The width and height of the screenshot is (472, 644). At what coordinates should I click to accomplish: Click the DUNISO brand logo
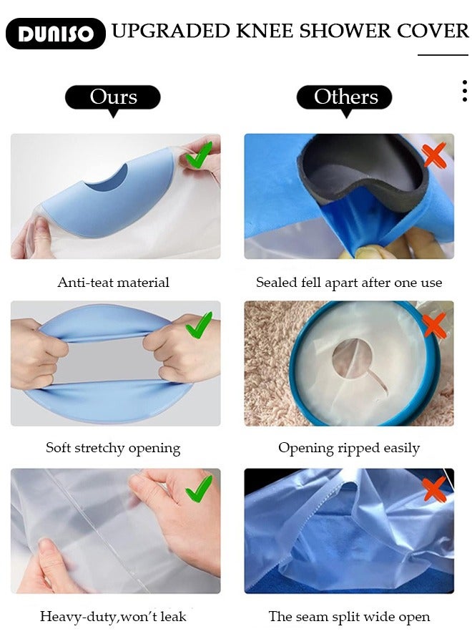pyautogui.click(x=56, y=34)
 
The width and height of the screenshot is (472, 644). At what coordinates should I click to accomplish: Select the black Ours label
pyautogui.click(x=113, y=97)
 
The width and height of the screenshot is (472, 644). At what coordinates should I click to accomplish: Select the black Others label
pyautogui.click(x=345, y=97)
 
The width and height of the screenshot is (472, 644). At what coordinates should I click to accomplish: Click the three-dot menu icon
pyautogui.click(x=464, y=91)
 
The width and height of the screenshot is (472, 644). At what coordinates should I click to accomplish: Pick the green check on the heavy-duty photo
pyautogui.click(x=199, y=489)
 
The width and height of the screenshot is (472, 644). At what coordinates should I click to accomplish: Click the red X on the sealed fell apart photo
pyautogui.click(x=434, y=155)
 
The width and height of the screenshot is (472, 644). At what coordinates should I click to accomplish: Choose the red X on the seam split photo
pyautogui.click(x=434, y=489)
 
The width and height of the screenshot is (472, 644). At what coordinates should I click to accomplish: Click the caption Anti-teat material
pyautogui.click(x=113, y=283)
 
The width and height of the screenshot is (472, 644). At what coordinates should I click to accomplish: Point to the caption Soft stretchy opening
pyautogui.click(x=113, y=449)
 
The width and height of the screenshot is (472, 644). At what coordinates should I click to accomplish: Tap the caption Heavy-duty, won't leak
pyautogui.click(x=113, y=616)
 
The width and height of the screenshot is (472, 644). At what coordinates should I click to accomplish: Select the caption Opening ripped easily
pyautogui.click(x=349, y=449)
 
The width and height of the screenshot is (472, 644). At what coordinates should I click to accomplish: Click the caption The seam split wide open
pyautogui.click(x=349, y=616)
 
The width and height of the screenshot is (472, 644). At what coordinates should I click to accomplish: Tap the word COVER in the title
pyautogui.click(x=429, y=31)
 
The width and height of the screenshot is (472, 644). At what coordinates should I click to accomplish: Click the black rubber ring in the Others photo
pyautogui.click(x=358, y=172)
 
